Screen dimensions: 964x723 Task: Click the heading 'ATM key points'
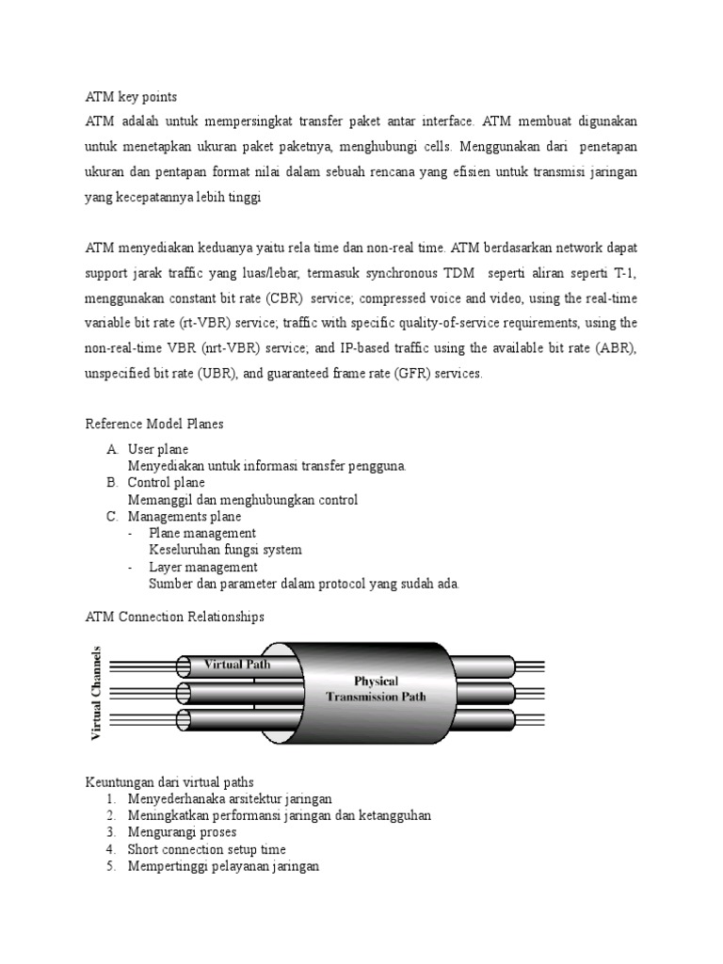(131, 97)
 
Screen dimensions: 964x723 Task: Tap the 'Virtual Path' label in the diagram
(237, 663)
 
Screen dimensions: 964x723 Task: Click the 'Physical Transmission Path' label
(376, 688)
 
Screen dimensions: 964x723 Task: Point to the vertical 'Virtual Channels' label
(96, 693)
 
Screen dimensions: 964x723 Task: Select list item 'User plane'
(158, 449)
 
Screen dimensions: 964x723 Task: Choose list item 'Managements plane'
(185, 517)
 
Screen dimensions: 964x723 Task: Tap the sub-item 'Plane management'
(202, 533)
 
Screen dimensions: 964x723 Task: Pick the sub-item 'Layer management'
(202, 567)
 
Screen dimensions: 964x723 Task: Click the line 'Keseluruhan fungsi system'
(225, 550)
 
